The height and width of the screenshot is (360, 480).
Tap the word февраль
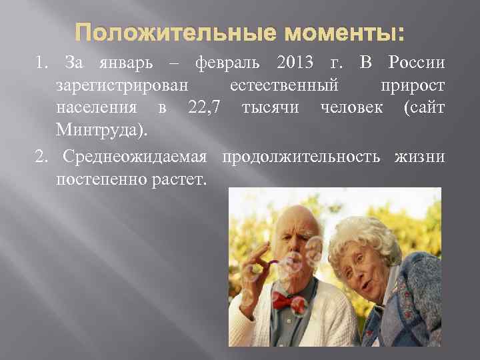click(x=226, y=64)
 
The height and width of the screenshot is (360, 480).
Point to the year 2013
click(x=294, y=64)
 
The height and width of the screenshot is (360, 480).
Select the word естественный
click(x=284, y=86)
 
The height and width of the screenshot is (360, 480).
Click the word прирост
click(x=412, y=86)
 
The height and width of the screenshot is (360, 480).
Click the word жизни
click(x=422, y=158)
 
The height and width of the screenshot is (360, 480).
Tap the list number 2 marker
click(x=43, y=158)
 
